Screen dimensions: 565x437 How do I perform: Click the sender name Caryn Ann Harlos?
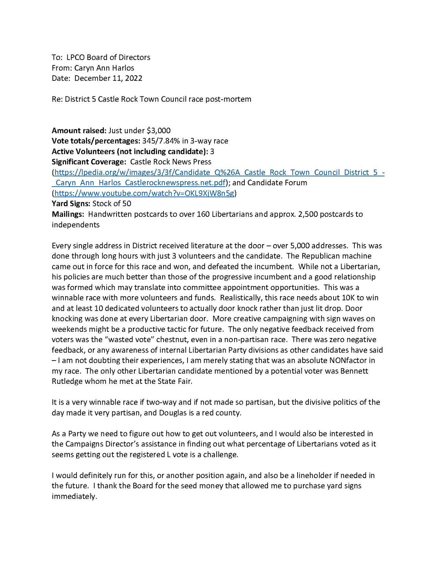pos(104,68)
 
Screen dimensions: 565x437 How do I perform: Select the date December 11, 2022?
pos(108,78)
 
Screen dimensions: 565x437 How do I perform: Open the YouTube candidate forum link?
pos(144,193)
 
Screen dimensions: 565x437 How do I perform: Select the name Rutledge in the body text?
pos(67,381)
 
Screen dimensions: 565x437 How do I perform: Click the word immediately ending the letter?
pos(74,496)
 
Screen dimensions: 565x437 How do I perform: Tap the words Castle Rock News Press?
pos(170,162)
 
